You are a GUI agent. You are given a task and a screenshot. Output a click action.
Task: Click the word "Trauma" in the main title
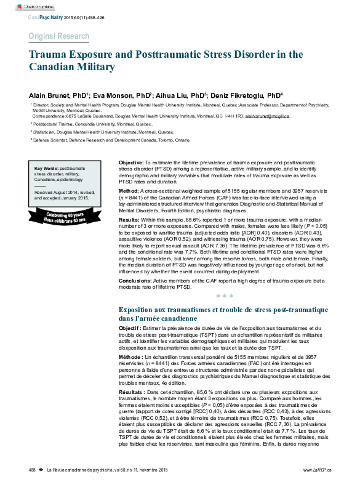49,55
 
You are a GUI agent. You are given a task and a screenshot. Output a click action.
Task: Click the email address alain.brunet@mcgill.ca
268,116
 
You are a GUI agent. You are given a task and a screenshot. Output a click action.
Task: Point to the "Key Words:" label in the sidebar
47,168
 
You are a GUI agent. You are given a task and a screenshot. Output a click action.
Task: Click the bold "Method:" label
129,192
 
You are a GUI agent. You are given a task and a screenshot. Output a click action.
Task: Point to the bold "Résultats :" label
134,392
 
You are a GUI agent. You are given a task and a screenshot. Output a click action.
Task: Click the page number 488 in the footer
33,470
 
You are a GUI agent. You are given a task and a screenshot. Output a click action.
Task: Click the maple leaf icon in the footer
41,470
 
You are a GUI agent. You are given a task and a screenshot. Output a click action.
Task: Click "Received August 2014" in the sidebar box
60,193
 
